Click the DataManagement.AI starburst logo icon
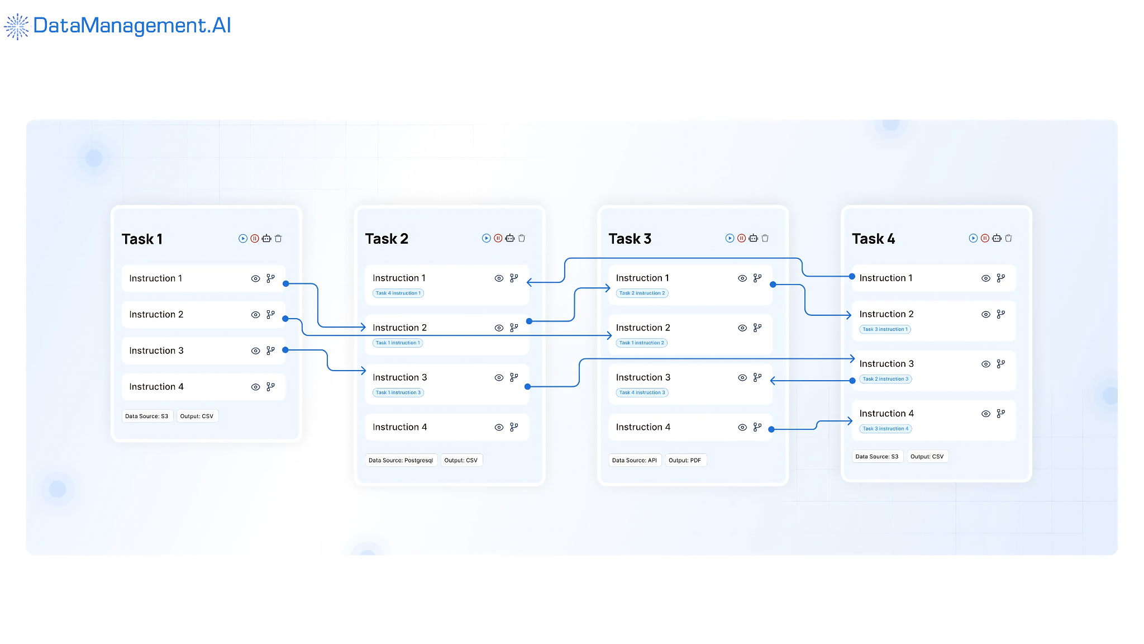click(17, 26)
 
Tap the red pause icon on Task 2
click(498, 238)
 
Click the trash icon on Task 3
click(765, 238)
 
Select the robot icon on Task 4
click(997, 238)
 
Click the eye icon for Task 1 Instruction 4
click(256, 387)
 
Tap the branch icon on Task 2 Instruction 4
click(514, 427)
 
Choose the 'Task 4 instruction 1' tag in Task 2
click(398, 293)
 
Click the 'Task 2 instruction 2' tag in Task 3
click(642, 293)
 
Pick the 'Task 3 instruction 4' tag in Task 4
click(886, 429)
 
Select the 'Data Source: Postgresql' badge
click(401, 460)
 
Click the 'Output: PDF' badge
click(685, 460)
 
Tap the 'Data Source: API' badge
click(635, 460)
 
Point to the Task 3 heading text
click(630, 239)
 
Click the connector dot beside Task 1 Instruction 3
click(285, 350)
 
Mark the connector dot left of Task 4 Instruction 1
click(852, 277)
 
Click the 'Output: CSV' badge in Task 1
click(197, 416)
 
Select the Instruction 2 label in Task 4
click(886, 314)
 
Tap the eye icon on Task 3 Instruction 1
click(742, 278)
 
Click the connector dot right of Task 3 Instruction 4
click(771, 429)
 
